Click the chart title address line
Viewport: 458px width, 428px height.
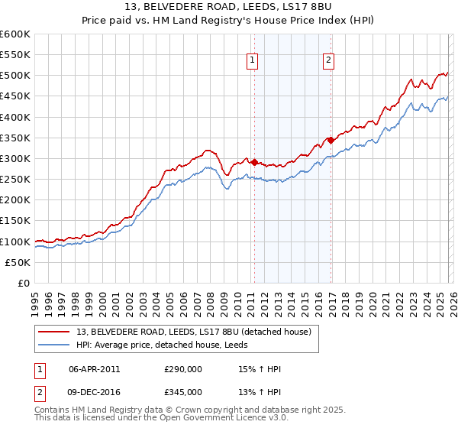(228, 8)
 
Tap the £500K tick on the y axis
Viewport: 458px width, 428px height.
(15, 76)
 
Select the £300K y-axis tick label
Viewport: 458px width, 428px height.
(15, 158)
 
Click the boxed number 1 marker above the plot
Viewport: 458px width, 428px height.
(253, 62)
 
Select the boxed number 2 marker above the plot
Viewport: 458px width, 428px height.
(328, 62)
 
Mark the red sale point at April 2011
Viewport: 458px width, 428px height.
(254, 163)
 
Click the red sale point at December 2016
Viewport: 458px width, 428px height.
(331, 140)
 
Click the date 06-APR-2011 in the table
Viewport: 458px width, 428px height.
(94, 369)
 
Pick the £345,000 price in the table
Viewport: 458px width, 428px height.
(183, 392)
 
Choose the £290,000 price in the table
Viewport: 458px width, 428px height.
(183, 369)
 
